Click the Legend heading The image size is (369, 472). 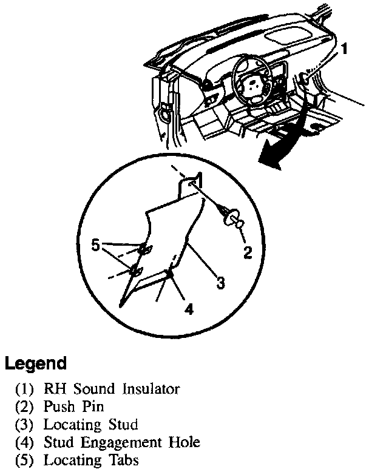tap(35, 364)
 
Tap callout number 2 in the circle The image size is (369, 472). tap(247, 252)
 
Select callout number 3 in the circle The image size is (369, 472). tap(221, 282)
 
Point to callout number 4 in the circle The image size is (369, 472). tap(189, 309)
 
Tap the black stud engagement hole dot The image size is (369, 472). tap(171, 275)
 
